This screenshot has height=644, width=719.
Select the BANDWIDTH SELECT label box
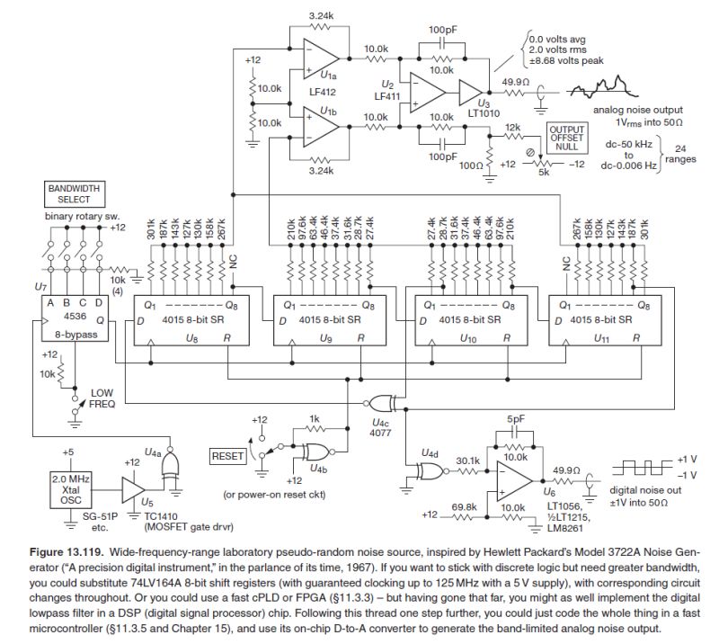(75, 194)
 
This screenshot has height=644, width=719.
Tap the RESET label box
(228, 457)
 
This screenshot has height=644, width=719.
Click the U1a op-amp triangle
(315, 56)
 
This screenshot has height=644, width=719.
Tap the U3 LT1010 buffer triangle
(467, 92)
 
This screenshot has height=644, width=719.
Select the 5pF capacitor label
(516, 419)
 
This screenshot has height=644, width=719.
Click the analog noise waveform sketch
(615, 91)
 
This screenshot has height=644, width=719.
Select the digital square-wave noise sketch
(639, 468)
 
